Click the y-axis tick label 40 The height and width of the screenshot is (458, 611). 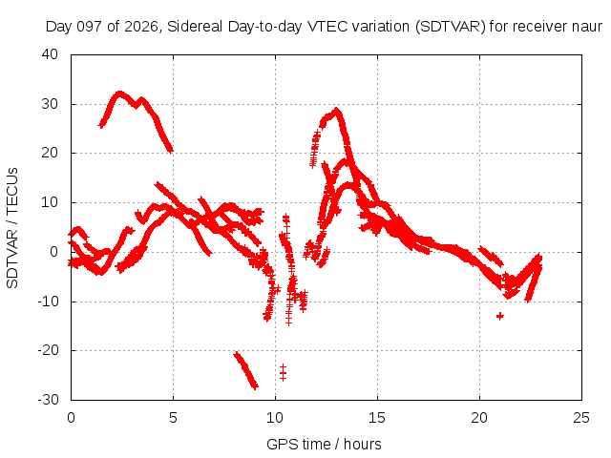[x=50, y=54]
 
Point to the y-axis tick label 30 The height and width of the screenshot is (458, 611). [x=50, y=104]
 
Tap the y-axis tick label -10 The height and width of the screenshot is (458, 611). [x=48, y=302]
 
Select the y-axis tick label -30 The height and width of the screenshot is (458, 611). [x=48, y=400]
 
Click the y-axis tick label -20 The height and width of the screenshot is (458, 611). [x=48, y=350]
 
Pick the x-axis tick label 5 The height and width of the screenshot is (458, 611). [x=173, y=418]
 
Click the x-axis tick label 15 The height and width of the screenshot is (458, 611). [x=377, y=418]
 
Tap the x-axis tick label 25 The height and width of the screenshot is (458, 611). [x=581, y=418]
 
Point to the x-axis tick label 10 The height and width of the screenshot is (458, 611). [x=275, y=418]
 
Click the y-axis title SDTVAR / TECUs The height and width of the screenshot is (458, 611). [x=12, y=228]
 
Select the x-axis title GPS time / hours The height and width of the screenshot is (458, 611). [x=324, y=444]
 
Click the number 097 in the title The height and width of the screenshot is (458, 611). [x=91, y=27]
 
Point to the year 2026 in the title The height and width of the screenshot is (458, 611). [x=140, y=27]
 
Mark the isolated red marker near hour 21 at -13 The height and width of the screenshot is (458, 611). [x=500, y=316]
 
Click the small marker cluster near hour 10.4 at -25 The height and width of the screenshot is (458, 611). [x=283, y=373]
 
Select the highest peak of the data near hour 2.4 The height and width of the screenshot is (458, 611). [x=119, y=94]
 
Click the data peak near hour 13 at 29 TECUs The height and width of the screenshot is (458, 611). [x=336, y=111]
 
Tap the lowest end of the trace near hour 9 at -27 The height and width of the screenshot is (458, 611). [x=255, y=386]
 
